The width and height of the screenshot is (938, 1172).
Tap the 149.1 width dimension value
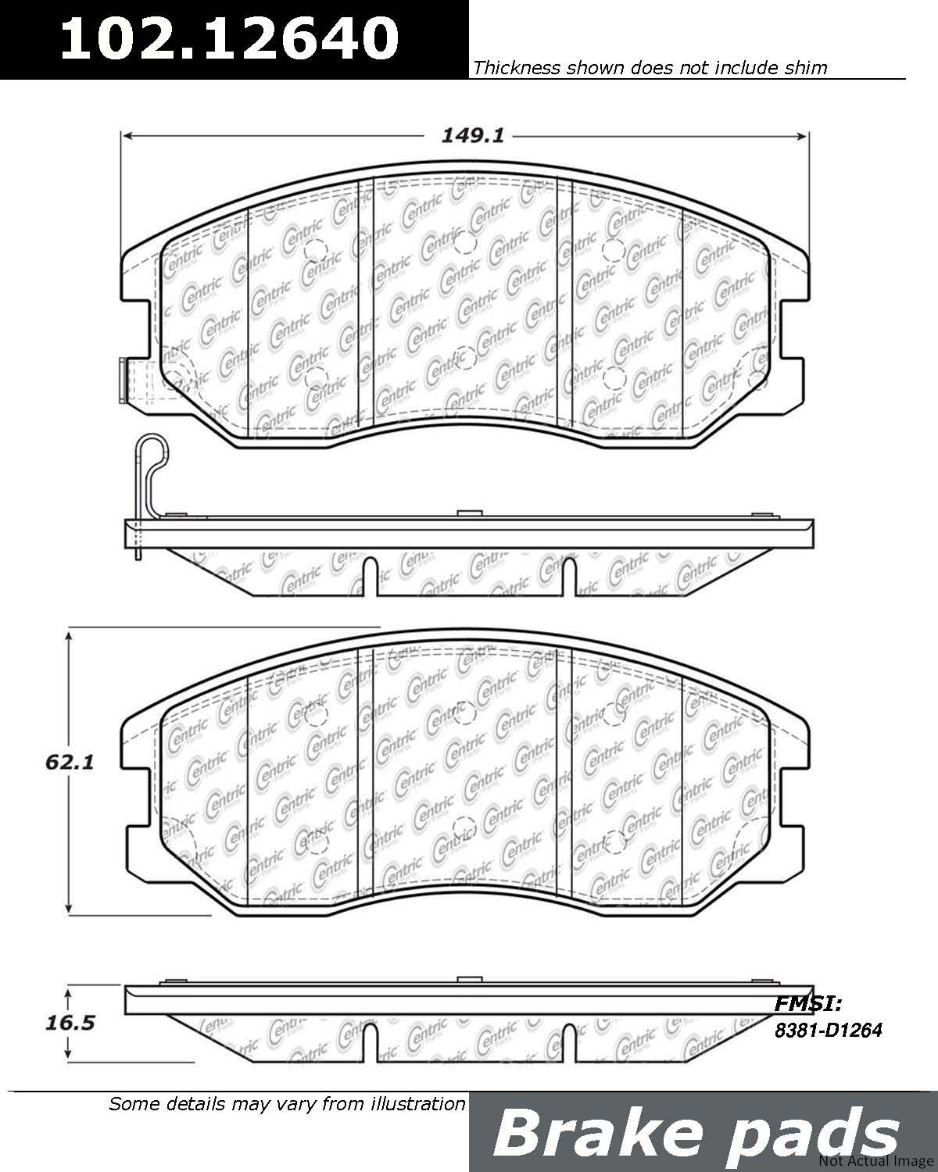[x=473, y=136]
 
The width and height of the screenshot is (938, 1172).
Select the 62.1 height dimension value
[x=70, y=763]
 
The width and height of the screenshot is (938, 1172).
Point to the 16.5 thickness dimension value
[x=70, y=1024]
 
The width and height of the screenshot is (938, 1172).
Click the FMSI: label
[x=808, y=1004]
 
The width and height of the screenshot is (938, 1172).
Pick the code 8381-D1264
[x=829, y=1030]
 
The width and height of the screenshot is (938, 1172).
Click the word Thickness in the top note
[x=517, y=68]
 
